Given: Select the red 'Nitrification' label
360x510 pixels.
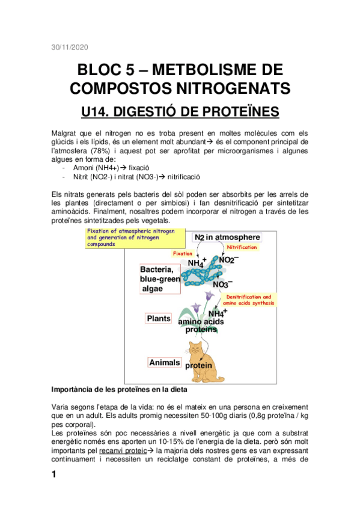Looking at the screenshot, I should pyautogui.click(x=242, y=247).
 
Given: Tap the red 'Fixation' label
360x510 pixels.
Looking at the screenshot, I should pyautogui.click(x=182, y=254).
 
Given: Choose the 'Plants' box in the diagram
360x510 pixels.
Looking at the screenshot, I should pyautogui.click(x=159, y=318).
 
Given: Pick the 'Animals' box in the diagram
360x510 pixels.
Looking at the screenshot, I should pyautogui.click(x=164, y=362).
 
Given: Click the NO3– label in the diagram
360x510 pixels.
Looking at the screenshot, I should pyautogui.click(x=222, y=283).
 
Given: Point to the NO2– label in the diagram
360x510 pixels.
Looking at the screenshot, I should pyautogui.click(x=228, y=259).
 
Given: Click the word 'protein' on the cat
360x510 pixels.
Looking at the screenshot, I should pyautogui.click(x=199, y=366).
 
